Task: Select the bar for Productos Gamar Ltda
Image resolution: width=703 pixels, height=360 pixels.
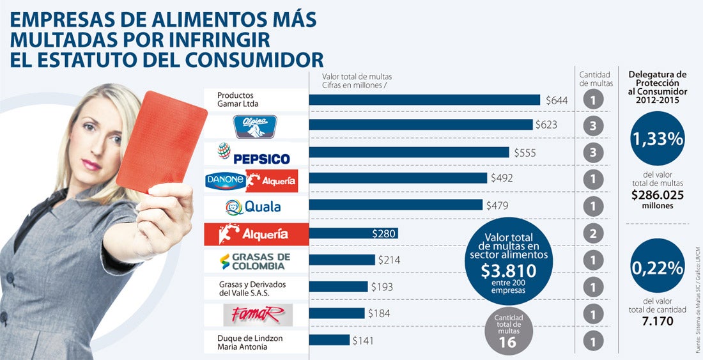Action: click(x=424, y=100)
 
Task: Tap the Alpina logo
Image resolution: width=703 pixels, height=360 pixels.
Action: click(x=256, y=126)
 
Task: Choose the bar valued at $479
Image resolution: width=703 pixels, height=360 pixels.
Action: click(x=396, y=205)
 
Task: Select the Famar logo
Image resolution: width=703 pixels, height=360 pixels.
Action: click(x=255, y=314)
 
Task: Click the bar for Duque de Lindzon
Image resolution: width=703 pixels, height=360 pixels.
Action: click(x=329, y=340)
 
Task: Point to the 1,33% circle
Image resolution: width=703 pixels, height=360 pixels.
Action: click(x=656, y=138)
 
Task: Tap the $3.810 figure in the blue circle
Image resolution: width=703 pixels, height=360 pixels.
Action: click(x=509, y=270)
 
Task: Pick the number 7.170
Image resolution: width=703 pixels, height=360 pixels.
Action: click(x=657, y=321)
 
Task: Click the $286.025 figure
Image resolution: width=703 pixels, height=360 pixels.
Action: click(x=657, y=195)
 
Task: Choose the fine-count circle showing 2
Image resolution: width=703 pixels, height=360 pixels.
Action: click(x=593, y=233)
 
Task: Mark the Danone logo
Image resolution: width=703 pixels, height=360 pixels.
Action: click(x=225, y=181)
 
